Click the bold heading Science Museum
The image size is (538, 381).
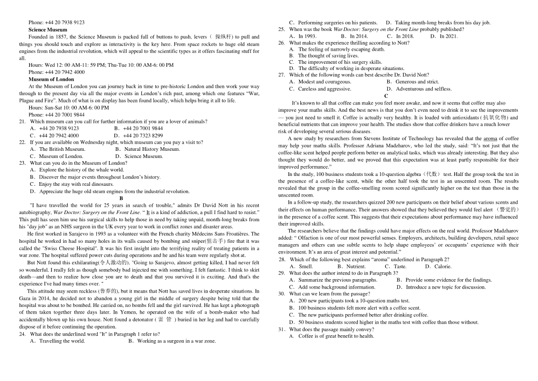[x=48, y=30]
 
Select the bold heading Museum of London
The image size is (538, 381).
[x=51, y=79]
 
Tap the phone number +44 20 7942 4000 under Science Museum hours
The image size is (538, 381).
[x=56, y=72]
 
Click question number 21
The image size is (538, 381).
[x=22, y=122]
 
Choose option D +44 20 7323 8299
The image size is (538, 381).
[x=138, y=136]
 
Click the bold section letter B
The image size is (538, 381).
[x=121, y=198]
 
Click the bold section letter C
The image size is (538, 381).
[x=386, y=96]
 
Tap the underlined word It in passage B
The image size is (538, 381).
[x=148, y=213]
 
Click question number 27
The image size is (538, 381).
[x=282, y=75]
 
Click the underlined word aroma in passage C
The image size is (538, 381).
[x=490, y=139]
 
